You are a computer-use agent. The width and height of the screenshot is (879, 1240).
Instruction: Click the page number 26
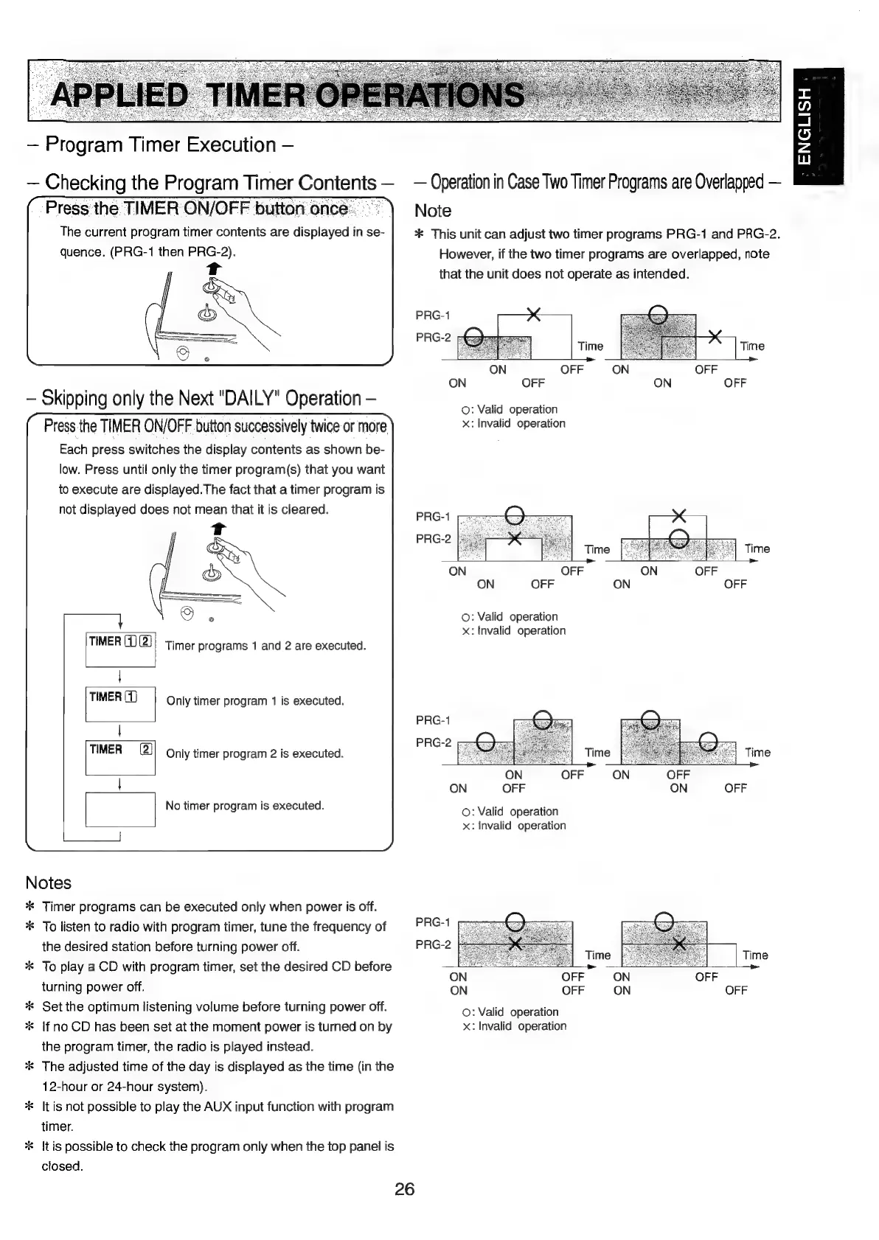(405, 1188)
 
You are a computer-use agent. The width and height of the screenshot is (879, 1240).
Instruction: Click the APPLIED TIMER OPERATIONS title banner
(288, 94)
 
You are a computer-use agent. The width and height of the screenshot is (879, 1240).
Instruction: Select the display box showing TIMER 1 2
(120, 649)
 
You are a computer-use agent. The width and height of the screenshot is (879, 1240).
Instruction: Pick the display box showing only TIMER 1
(120, 703)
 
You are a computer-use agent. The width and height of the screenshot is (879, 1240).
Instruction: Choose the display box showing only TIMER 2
(120, 756)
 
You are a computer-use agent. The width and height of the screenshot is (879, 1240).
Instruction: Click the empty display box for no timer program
(120, 809)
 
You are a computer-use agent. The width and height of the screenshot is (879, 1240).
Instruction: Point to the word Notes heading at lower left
(49, 882)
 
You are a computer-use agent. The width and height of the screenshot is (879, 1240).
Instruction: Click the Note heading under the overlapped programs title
(433, 211)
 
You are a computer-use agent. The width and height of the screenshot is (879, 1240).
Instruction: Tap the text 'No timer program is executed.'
(245, 806)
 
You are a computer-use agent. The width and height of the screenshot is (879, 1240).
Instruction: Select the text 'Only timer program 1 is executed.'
(255, 700)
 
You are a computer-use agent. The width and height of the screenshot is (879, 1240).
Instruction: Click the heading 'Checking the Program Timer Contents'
(210, 182)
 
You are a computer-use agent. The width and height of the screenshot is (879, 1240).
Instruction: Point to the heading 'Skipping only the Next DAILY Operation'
(201, 398)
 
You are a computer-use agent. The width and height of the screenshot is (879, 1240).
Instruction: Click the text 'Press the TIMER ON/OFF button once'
(196, 209)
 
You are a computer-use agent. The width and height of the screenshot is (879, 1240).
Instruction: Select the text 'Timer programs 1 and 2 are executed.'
(265, 646)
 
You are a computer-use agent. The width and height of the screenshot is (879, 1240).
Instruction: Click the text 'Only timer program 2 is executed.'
(254, 753)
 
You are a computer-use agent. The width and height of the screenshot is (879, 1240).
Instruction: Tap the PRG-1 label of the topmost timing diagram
(433, 316)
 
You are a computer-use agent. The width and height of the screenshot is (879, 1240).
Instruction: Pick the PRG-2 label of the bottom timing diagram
(433, 944)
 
